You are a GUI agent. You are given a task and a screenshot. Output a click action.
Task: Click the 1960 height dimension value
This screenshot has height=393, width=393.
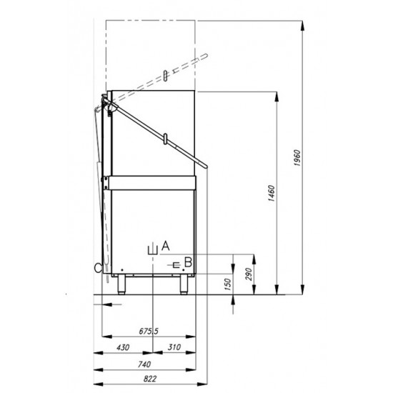[x=297, y=158]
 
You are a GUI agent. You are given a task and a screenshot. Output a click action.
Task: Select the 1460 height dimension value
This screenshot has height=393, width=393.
[x=272, y=193]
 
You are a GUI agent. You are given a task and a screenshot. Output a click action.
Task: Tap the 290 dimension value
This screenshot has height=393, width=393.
[x=248, y=274]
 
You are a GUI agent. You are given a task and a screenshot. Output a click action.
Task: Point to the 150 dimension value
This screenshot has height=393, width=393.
[x=227, y=284]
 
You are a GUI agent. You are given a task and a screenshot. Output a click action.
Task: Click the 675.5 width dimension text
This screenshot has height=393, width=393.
[x=149, y=332]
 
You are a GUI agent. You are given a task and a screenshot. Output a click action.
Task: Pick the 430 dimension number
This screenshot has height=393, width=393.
[x=123, y=347]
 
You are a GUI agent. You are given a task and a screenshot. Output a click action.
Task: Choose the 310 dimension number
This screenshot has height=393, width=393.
[x=174, y=347]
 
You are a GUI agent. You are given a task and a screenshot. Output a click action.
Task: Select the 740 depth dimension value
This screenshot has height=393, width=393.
[x=144, y=364]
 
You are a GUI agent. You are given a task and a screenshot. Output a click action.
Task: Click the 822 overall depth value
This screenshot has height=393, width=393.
[x=149, y=379]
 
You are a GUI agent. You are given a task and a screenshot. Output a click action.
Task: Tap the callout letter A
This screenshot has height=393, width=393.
[x=166, y=246]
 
